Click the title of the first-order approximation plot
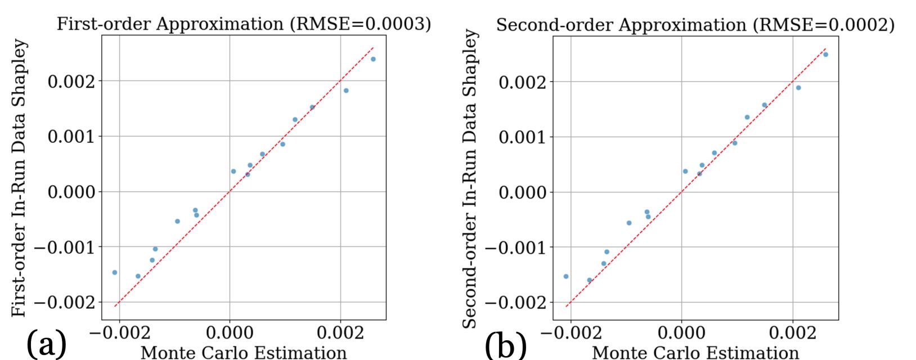click(x=244, y=24)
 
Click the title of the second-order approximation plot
click(x=695, y=25)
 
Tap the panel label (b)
click(x=505, y=344)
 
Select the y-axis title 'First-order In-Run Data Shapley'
click(x=20, y=178)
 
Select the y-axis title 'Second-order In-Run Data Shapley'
click(x=470, y=179)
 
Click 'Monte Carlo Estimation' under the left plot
click(x=244, y=352)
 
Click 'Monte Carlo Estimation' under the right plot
click(x=695, y=352)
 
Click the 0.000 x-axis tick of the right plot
click(x=681, y=333)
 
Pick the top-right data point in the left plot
click(x=373, y=59)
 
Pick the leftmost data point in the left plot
click(x=115, y=272)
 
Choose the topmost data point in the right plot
click(x=825, y=55)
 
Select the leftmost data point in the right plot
click(x=566, y=276)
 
